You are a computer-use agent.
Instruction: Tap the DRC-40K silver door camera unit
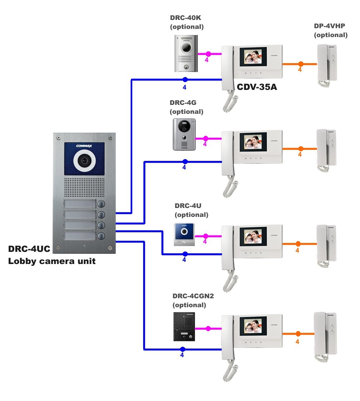tap(186, 54)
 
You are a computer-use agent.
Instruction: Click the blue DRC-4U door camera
tap(184, 234)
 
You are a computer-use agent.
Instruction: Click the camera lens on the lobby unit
tap(84, 161)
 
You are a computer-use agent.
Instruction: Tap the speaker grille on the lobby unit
tap(84, 187)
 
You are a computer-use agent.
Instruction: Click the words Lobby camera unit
tap(52, 261)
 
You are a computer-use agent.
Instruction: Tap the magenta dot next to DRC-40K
tap(208, 54)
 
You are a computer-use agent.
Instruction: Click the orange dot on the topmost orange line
tap(301, 64)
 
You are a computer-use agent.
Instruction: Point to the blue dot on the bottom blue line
tap(182, 349)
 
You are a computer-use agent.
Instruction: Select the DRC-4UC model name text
tap(29, 249)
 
